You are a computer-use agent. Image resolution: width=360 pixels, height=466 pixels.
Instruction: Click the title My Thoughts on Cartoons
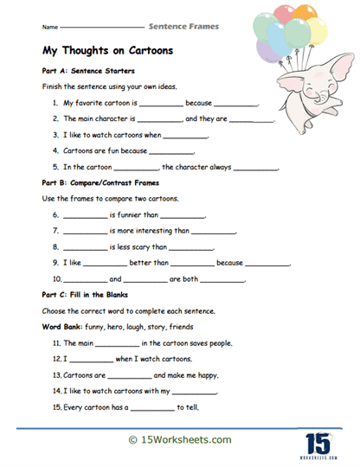click(x=107, y=50)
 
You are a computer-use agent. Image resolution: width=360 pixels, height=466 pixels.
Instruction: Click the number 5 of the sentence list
click(x=55, y=166)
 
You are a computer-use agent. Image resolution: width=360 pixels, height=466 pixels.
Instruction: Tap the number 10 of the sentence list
click(x=57, y=278)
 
